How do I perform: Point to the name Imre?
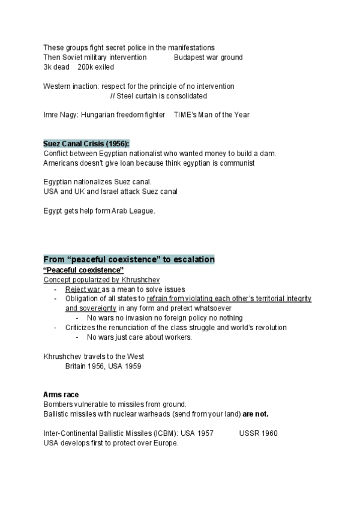(x=51, y=115)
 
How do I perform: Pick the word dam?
(x=268, y=154)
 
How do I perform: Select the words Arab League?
(x=134, y=211)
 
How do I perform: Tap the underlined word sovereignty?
(x=86, y=308)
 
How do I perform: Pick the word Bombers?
(x=58, y=404)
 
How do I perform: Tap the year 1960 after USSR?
(x=269, y=433)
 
